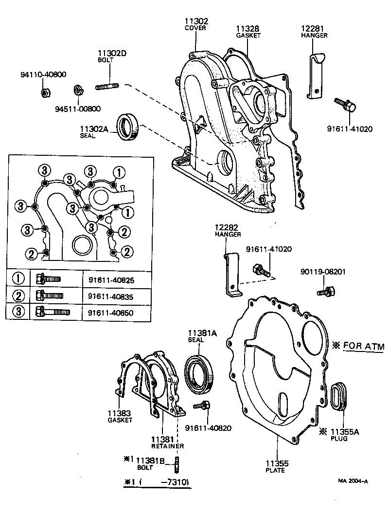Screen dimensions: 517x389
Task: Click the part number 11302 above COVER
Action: (x=196, y=21)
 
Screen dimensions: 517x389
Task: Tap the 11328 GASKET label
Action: (x=248, y=29)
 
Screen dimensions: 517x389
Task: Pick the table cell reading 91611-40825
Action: (x=111, y=280)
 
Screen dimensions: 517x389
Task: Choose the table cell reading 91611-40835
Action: (x=111, y=296)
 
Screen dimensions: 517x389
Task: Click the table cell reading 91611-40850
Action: (x=111, y=312)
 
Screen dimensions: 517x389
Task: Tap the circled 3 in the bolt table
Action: (x=18, y=312)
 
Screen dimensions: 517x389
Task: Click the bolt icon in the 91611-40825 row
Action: (x=48, y=280)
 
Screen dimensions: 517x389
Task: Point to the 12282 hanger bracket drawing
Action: (x=232, y=275)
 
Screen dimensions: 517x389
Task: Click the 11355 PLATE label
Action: (x=275, y=466)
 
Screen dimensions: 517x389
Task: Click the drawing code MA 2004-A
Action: (x=353, y=481)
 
